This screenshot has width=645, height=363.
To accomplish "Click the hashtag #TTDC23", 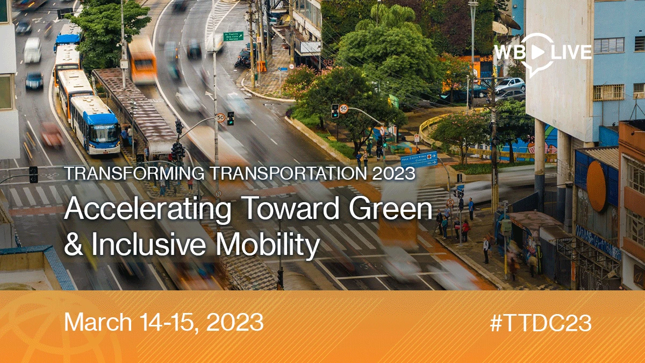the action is (541, 323).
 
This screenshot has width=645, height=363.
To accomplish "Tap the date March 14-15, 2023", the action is (163, 323).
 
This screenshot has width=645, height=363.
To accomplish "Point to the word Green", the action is (391, 208).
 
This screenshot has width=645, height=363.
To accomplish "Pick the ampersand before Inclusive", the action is (74, 244).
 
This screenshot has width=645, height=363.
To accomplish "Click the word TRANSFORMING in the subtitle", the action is (134, 173).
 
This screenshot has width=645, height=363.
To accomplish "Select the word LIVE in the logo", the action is (571, 52).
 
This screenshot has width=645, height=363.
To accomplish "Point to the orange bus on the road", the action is (142, 60).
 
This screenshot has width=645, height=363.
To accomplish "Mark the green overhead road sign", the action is (233, 37).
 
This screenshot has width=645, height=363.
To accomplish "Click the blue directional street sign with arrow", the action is (419, 159).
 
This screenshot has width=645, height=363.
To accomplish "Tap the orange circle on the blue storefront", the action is (597, 186).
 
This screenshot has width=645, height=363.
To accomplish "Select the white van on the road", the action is (32, 50).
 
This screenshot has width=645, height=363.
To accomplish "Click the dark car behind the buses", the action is (34, 80).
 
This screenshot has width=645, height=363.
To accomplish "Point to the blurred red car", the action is (52, 135).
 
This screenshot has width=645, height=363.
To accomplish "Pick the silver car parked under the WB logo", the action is (510, 84).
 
